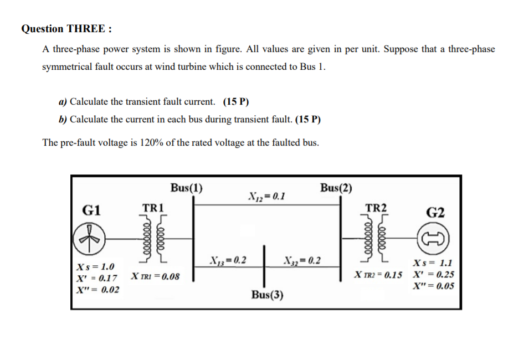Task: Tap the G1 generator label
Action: point(91,209)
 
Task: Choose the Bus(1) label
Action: point(186,187)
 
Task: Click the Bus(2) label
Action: point(336,187)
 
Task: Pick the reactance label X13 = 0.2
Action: point(228,260)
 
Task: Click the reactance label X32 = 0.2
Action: point(301,260)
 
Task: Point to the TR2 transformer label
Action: point(377,208)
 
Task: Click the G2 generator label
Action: point(435,212)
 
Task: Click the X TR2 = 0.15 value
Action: point(379,275)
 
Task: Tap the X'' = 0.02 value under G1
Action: point(98,289)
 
